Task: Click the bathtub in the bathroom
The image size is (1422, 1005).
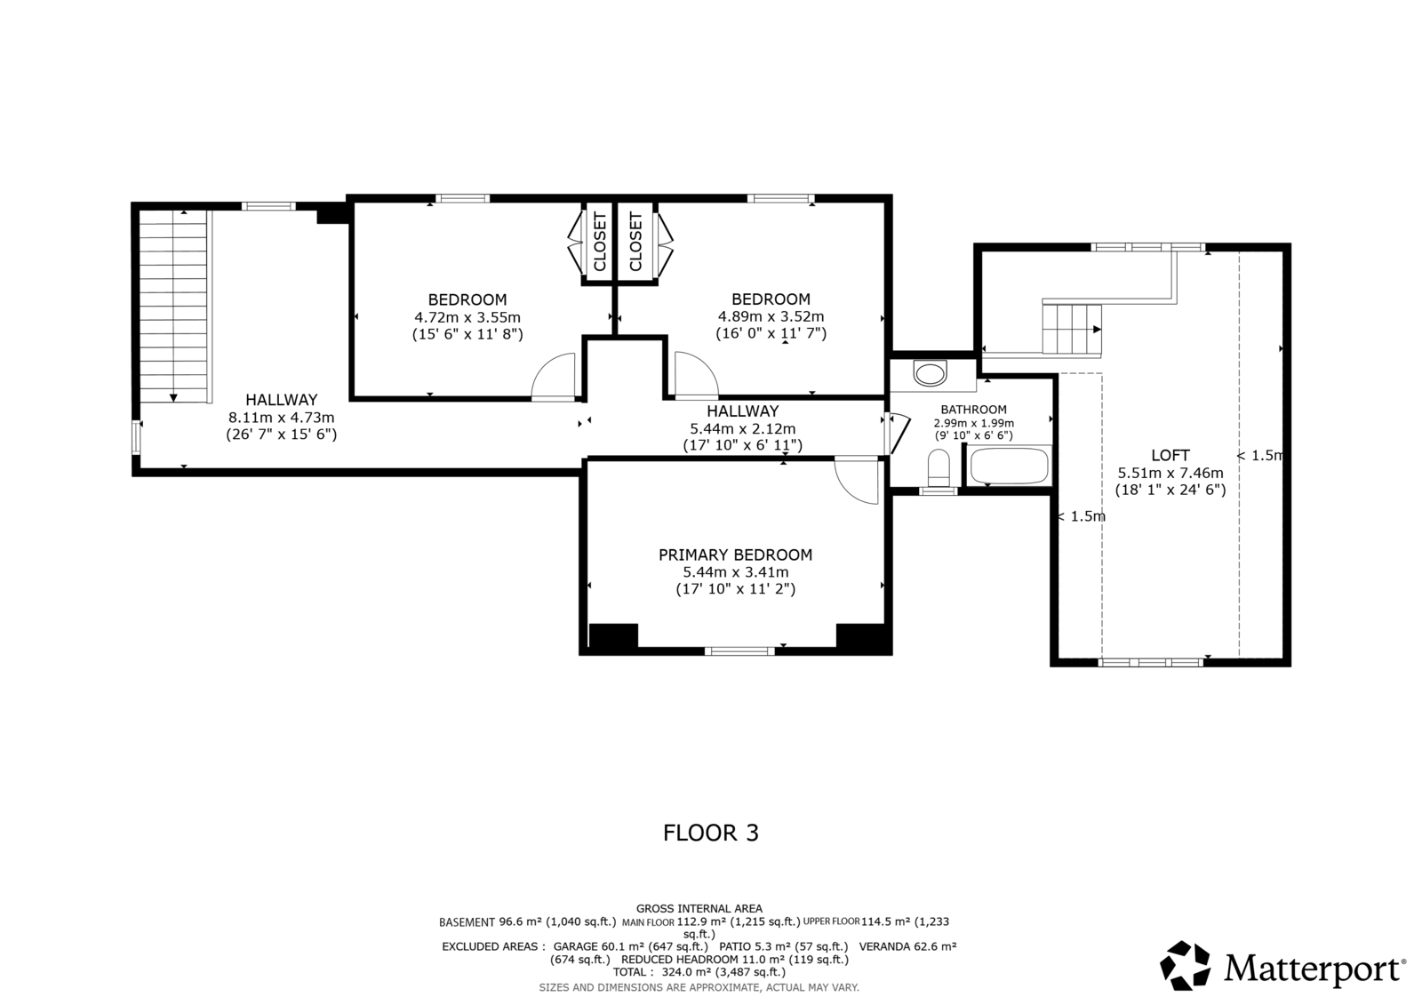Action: pos(1009,466)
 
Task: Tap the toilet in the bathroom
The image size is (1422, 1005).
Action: pos(939,468)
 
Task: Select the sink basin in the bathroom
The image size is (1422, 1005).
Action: pos(930,372)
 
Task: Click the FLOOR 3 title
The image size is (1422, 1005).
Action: pos(710,833)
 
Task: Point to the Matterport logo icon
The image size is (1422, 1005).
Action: pos(1186,965)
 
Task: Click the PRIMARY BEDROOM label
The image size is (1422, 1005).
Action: pos(735,554)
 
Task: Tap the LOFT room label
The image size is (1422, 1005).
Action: pos(1170,455)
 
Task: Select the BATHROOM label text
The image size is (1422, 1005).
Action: pos(973,410)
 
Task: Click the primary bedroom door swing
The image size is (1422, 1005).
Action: pos(857,481)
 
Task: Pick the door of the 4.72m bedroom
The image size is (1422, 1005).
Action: pos(554,377)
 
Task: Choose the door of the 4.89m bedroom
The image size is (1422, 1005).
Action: pos(697,376)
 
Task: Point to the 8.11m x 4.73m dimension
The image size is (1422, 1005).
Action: pos(281,418)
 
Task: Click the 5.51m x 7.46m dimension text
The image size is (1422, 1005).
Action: pos(1170,473)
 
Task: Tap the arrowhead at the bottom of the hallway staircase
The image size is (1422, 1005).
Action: pos(173,397)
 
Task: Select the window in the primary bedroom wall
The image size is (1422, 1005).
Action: pos(739,650)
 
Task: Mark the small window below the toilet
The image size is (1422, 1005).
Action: pos(939,491)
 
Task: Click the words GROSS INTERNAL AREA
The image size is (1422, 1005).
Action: pos(699,908)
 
